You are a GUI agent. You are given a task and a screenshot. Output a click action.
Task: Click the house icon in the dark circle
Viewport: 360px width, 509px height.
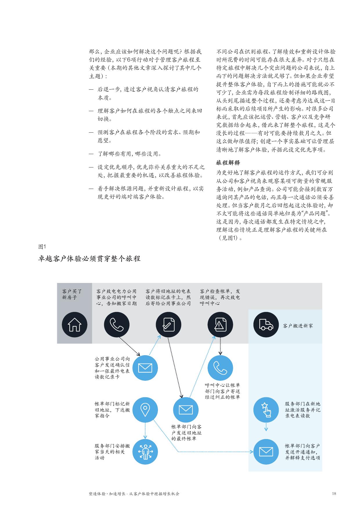click(x=75, y=324)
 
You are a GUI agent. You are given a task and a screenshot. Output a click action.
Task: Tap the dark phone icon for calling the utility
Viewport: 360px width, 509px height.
click(x=117, y=324)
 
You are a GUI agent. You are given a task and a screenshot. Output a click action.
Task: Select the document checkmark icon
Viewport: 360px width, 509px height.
click(x=168, y=324)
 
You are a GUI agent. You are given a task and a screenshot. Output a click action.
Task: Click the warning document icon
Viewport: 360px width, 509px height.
click(x=220, y=324)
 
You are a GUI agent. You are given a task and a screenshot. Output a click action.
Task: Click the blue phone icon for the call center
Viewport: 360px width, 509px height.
click(x=220, y=368)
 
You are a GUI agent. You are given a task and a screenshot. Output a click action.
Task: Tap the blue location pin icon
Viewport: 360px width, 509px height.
click(x=145, y=410)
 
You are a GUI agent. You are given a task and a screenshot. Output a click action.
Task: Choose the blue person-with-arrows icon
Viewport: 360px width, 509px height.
click(x=145, y=452)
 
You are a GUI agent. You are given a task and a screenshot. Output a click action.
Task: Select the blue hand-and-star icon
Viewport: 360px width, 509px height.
click(x=266, y=410)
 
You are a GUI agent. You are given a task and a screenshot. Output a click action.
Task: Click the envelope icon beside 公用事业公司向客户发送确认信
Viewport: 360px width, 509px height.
click(x=145, y=368)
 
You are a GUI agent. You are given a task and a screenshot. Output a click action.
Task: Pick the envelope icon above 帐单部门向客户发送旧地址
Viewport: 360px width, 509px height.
click(x=186, y=410)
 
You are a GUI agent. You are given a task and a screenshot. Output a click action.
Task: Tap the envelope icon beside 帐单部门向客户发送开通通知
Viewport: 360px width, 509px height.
click(x=266, y=452)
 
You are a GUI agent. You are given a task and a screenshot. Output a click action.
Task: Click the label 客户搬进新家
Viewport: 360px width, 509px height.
click(x=298, y=326)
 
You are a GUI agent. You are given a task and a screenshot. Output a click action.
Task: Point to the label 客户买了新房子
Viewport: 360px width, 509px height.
click(x=72, y=294)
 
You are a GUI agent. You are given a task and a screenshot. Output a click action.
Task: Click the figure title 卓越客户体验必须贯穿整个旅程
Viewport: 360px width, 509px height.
click(x=89, y=258)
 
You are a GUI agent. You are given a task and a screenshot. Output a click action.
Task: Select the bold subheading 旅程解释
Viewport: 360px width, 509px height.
click(x=228, y=163)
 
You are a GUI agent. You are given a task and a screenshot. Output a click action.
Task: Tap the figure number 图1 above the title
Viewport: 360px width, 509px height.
click(x=42, y=247)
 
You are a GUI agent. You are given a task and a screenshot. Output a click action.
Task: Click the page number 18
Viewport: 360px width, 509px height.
click(x=334, y=494)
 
